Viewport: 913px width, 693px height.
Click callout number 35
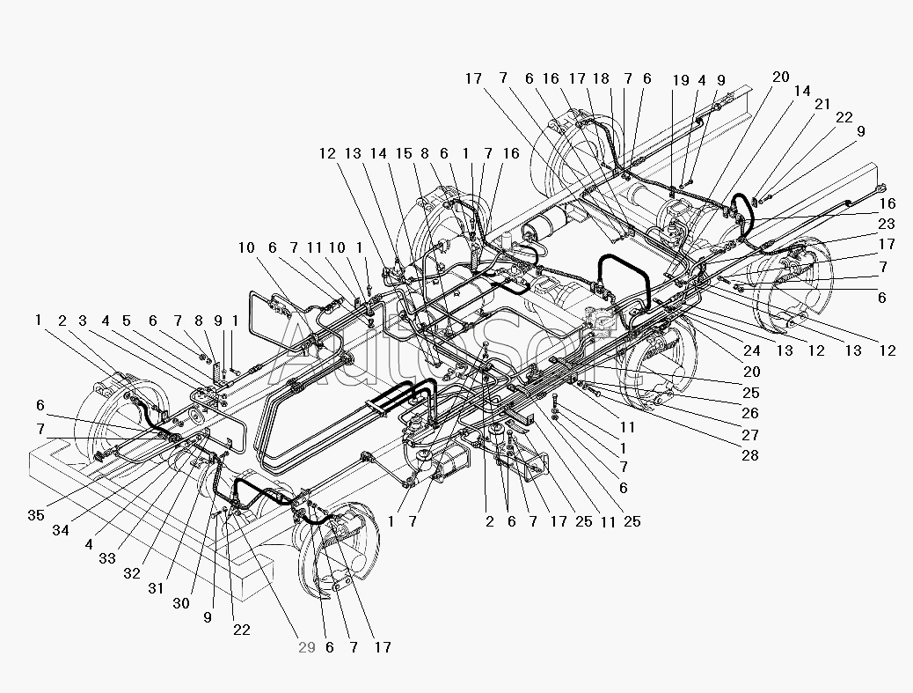pyautogui.click(x=36, y=515)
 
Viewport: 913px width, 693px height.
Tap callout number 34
pyautogui.click(x=61, y=530)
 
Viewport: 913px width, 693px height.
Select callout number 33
pyautogui.click(x=107, y=558)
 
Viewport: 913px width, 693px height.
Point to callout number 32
pyautogui.click(x=132, y=573)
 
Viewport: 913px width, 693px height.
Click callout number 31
pyautogui.click(x=156, y=589)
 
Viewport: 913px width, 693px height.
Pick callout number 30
pyautogui.click(x=181, y=603)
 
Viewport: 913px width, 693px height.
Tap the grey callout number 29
pyautogui.click(x=307, y=647)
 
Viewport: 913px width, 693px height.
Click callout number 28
pyautogui.click(x=750, y=455)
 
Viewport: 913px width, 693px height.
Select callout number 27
pyautogui.click(x=750, y=435)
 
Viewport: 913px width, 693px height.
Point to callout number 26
pyautogui.click(x=750, y=413)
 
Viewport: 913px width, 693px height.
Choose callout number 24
pyautogui.click(x=752, y=350)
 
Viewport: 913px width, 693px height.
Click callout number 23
pyautogui.click(x=887, y=224)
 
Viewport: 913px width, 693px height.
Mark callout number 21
pyautogui.click(x=822, y=104)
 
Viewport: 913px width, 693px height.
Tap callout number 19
pyautogui.click(x=681, y=80)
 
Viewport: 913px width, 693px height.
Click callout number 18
pyautogui.click(x=601, y=78)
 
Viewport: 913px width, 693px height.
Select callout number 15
pyautogui.click(x=404, y=153)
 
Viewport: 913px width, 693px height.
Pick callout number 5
pyautogui.click(x=127, y=321)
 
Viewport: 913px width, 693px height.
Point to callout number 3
pyautogui.click(x=83, y=321)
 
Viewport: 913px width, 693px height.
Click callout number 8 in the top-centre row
pyautogui.click(x=425, y=153)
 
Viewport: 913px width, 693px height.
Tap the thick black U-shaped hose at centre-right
pyautogui.click(x=622, y=258)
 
